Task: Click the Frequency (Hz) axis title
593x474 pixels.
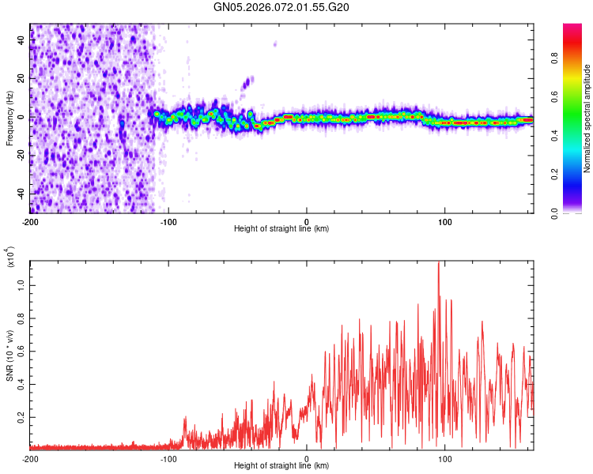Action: point(9,118)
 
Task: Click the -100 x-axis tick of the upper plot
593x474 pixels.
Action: point(168,220)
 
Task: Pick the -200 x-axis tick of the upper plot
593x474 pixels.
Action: point(31,220)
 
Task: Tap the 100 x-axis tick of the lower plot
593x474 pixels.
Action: point(444,458)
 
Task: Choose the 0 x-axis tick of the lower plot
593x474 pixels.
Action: point(307,458)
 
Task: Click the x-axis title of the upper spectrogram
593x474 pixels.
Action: point(281,229)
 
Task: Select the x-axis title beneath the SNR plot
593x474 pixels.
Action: point(281,467)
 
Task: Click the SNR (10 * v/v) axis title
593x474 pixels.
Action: point(9,352)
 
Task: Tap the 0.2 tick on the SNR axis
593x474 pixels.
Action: point(20,417)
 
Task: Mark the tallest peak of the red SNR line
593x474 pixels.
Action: point(438,262)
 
